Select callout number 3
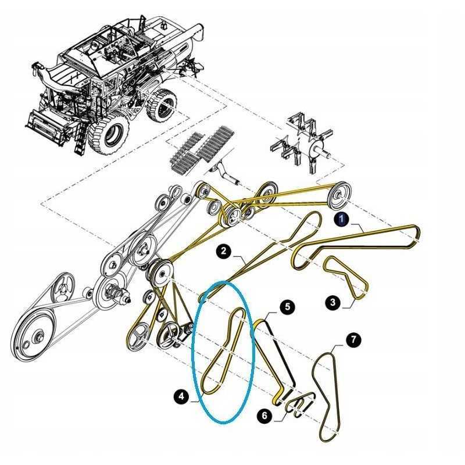(332, 302)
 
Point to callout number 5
(286, 306)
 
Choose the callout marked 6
(265, 416)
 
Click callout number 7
(353, 339)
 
